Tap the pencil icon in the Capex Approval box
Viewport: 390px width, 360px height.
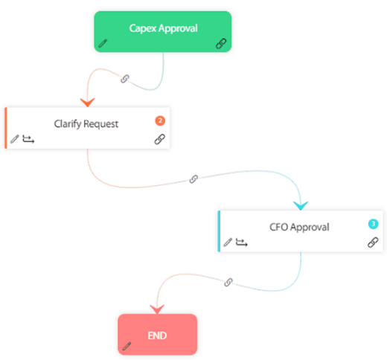click(x=103, y=44)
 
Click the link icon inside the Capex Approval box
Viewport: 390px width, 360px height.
click(x=220, y=44)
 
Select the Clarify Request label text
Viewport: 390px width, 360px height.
click(x=86, y=123)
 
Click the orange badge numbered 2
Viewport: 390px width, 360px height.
click(x=159, y=120)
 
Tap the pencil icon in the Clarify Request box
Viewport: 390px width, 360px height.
click(x=15, y=139)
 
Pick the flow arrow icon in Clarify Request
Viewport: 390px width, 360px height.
click(x=28, y=139)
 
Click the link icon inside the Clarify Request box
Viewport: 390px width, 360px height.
click(x=159, y=139)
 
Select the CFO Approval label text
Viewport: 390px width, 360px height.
click(x=299, y=227)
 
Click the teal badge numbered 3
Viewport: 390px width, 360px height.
click(x=373, y=224)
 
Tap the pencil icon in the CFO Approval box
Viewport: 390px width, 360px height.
click(x=228, y=242)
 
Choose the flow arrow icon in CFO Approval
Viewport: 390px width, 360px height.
click(x=242, y=242)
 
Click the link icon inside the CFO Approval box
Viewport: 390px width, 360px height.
click(x=373, y=242)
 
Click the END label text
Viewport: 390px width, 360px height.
click(x=157, y=335)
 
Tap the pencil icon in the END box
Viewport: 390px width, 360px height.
click(x=127, y=346)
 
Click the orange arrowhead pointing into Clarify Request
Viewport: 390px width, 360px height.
click(x=87, y=101)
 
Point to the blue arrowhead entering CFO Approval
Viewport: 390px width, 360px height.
click(x=301, y=204)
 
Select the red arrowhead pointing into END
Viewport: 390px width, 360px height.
click(x=156, y=308)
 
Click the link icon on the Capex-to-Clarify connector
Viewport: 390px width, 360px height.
click(x=125, y=78)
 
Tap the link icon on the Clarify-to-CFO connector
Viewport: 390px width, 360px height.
click(x=194, y=179)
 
